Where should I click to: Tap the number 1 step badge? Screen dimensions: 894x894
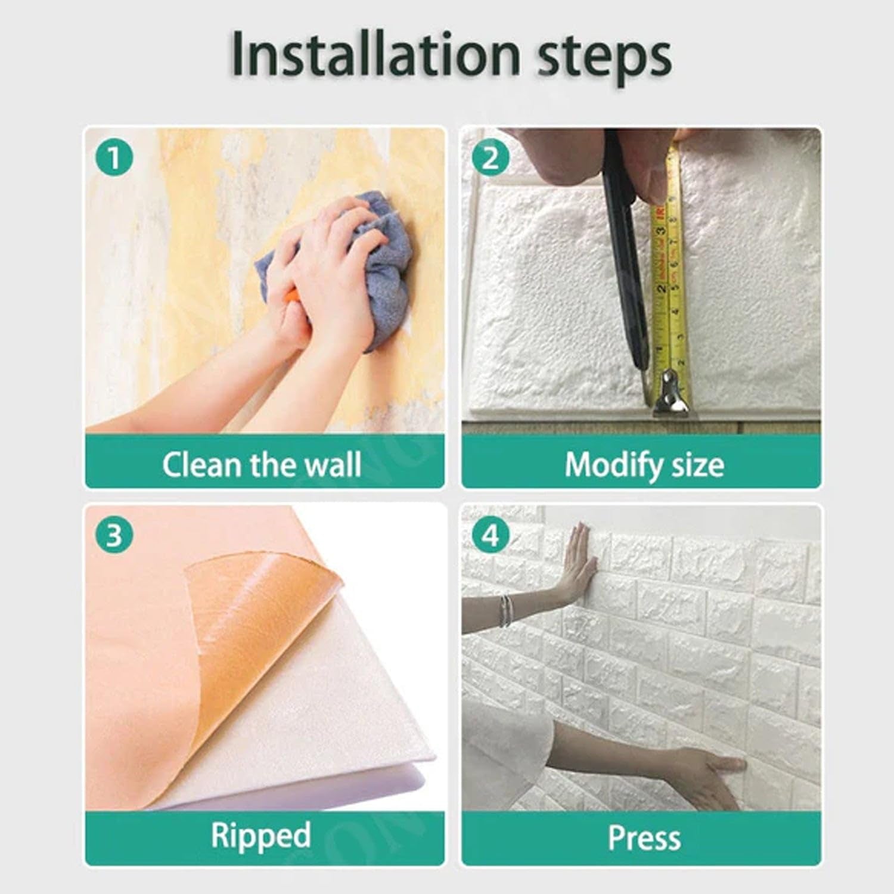coord(114,159)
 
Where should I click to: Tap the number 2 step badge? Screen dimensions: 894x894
coord(490,159)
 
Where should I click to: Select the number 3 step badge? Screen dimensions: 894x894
coord(114,535)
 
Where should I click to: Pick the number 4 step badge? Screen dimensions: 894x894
coord(490,535)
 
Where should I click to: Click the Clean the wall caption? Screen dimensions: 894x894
coord(262,465)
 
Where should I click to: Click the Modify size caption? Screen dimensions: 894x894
coord(644,465)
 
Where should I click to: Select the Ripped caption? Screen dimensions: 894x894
coord(261,835)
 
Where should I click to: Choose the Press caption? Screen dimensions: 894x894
coord(644,837)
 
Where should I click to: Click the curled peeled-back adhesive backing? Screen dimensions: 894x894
coord(262,644)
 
